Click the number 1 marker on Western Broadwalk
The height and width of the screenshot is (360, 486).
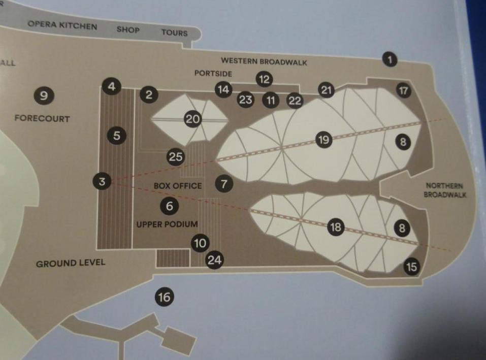(390, 59)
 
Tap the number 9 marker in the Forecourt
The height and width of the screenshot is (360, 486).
(44, 95)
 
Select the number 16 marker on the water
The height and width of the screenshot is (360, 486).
(164, 297)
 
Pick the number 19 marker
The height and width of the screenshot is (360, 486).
(323, 140)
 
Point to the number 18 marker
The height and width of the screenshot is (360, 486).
(336, 227)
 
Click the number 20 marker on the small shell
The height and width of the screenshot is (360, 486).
(193, 119)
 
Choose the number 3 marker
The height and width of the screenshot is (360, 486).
(102, 181)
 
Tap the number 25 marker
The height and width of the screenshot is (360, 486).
(176, 156)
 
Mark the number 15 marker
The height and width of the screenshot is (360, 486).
(412, 267)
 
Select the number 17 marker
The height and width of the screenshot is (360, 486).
(404, 90)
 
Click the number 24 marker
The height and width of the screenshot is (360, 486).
(214, 259)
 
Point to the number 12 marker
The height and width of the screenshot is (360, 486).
(264, 79)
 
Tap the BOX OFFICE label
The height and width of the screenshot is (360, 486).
(178, 186)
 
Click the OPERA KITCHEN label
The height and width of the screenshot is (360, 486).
(62, 25)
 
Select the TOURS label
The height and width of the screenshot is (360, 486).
(175, 32)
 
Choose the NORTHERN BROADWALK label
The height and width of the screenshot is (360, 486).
(445, 190)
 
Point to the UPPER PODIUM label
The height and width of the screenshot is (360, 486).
(167, 224)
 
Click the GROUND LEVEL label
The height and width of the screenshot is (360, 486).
(71, 264)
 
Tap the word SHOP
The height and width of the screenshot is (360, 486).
(128, 30)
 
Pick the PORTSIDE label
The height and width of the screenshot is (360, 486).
(213, 74)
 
